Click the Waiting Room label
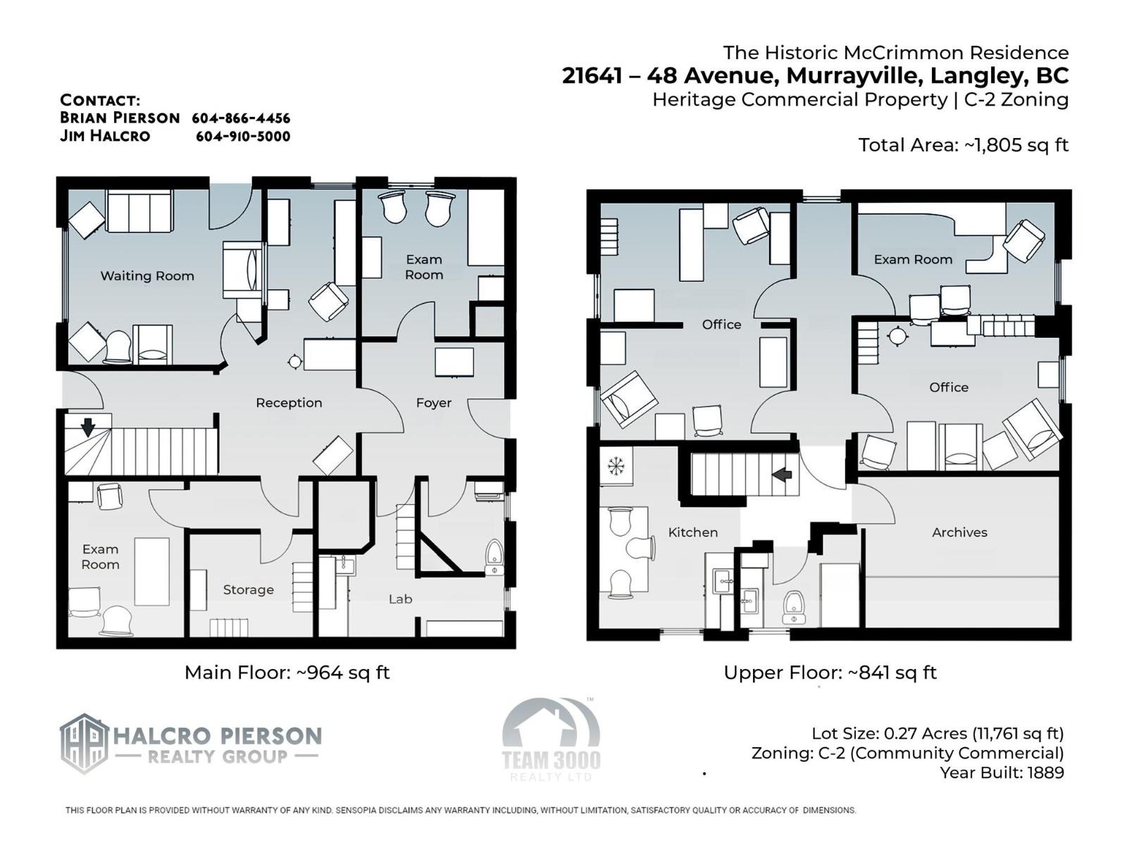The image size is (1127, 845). pos(147,276)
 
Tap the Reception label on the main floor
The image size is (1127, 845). pos(289,403)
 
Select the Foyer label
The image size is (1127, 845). pos(434,403)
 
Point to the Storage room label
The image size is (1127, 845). pos(249,590)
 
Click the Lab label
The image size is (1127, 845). pos(401,599)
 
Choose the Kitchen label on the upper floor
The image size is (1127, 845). pos(693,532)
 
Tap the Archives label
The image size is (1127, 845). pos(959,532)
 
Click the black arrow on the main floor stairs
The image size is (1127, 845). pos(88,427)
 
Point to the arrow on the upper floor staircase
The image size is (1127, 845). pos(782,475)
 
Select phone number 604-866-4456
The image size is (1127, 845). pos(241,118)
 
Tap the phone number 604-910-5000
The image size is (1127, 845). pos(243,137)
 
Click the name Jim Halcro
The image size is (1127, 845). pos(105,136)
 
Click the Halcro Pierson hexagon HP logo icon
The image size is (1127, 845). pos(85,744)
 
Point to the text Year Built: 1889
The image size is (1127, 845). pos(1002,772)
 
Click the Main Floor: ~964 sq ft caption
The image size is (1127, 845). pos(287,672)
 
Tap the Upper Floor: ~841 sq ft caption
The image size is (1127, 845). pos(830,672)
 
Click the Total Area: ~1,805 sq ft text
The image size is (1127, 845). pos(964,145)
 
